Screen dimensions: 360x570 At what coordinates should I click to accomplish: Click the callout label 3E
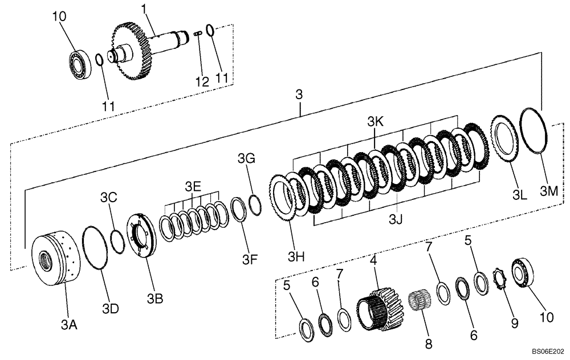coord(193,186)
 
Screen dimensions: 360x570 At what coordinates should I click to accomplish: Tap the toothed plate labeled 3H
coord(283,199)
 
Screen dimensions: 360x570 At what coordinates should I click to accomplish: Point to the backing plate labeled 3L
coord(504,138)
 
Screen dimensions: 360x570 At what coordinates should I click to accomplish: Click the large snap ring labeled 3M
coord(535,130)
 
